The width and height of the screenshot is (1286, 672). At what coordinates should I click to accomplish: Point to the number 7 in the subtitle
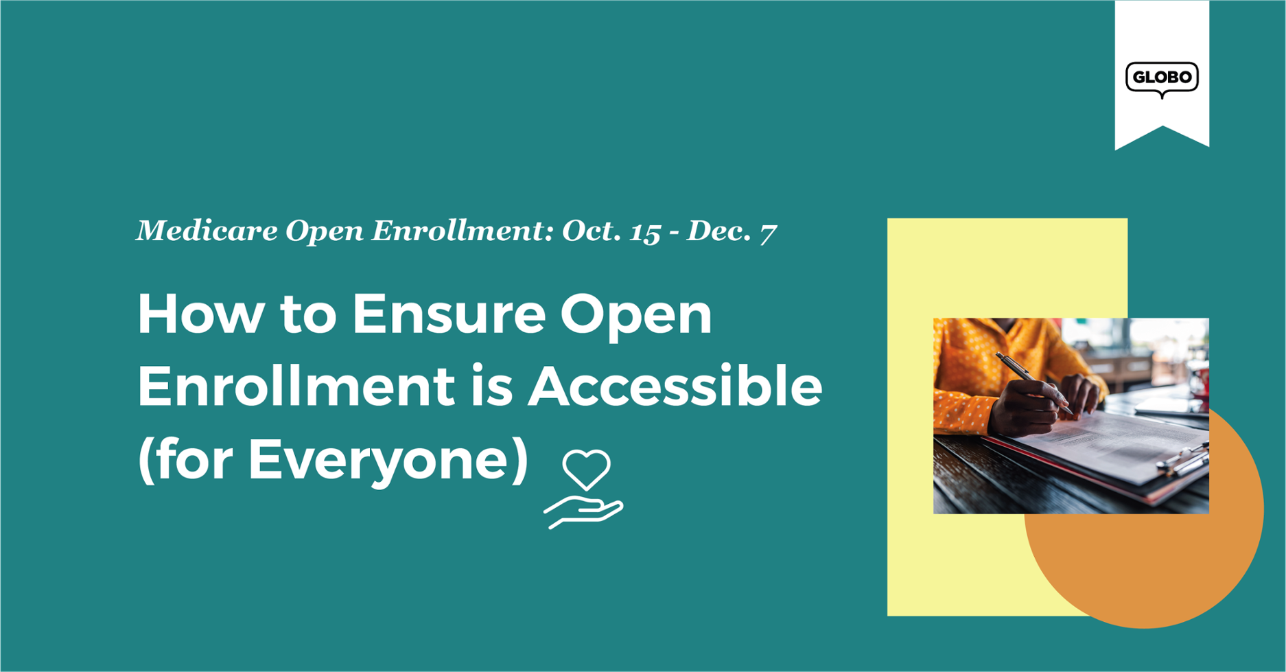click(768, 233)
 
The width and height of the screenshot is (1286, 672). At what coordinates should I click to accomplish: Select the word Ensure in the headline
click(449, 314)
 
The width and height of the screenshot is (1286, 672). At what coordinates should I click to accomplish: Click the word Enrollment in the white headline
click(296, 386)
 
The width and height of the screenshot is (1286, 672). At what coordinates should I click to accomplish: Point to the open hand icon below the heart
click(583, 513)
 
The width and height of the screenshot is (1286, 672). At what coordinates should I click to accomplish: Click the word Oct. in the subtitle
click(592, 231)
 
